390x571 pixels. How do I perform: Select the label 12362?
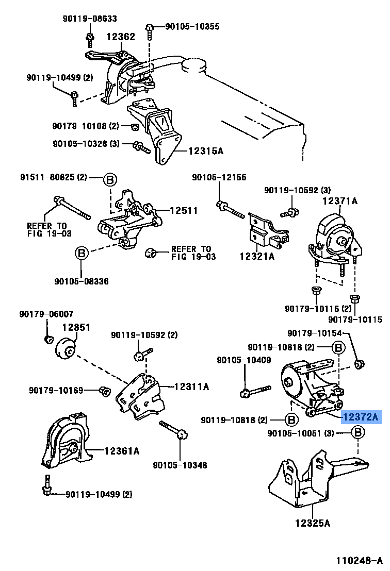(121, 37)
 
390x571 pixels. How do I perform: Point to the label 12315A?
(206, 151)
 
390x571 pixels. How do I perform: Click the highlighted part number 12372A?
(360, 417)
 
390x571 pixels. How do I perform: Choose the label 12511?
(184, 210)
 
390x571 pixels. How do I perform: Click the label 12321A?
(257, 255)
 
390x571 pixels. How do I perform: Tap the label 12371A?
(339, 200)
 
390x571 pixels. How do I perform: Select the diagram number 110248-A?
(359, 560)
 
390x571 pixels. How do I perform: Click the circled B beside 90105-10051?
(359, 433)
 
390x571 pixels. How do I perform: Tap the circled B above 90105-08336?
(82, 254)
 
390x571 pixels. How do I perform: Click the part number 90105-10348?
(180, 465)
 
